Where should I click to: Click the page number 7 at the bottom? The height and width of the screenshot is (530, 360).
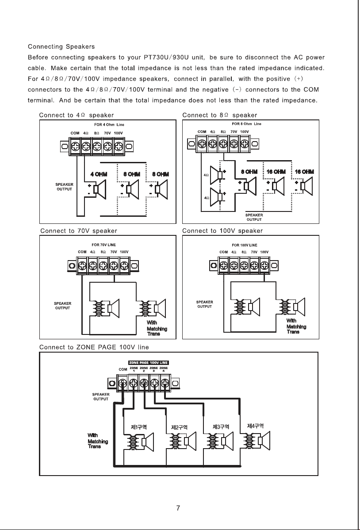coord(178,508)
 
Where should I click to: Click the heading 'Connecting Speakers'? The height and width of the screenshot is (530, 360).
coord(61,46)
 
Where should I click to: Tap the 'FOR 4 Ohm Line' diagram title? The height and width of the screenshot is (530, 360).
coord(109,125)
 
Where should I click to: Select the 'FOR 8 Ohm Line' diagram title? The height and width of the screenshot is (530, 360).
coord(246,124)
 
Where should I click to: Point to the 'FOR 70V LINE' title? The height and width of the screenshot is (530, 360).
coord(104,245)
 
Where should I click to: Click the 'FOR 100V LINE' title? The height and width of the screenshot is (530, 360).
coord(245,245)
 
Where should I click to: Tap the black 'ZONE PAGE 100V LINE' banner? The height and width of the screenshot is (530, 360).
coord(149,363)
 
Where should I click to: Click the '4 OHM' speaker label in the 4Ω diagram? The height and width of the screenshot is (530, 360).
coord(99,174)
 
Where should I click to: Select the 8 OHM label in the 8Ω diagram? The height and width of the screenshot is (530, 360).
coord(249,172)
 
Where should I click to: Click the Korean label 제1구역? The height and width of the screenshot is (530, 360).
coord(138,427)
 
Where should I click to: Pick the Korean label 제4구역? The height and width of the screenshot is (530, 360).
coord(255,426)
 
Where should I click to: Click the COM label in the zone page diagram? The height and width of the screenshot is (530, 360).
coord(123,369)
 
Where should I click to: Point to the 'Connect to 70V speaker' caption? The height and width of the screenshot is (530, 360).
coord(79,231)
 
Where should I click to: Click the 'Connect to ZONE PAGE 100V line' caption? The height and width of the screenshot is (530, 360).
coord(94,347)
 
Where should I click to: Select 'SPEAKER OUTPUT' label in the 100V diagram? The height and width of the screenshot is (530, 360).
coord(204,304)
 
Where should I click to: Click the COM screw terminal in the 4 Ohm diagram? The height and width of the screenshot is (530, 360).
coord(75,146)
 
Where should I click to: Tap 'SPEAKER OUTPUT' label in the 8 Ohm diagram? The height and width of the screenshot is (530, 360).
coord(254,217)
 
